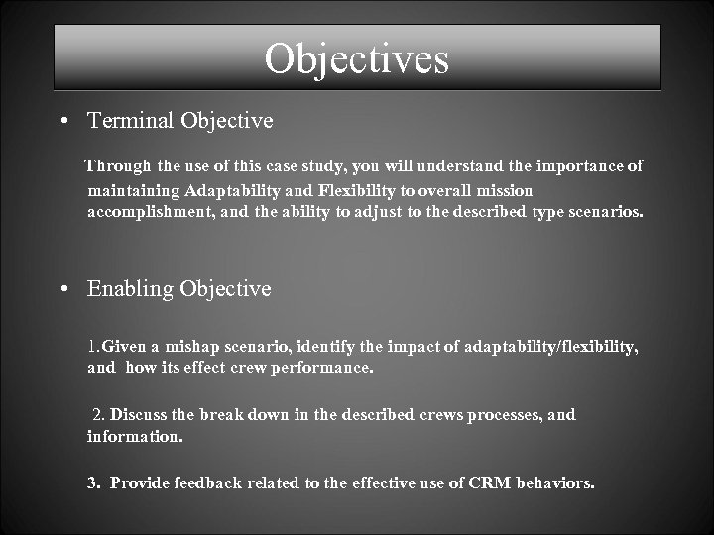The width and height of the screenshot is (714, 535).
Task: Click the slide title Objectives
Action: [x=357, y=58]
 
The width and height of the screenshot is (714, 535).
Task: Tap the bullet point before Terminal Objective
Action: [x=63, y=122]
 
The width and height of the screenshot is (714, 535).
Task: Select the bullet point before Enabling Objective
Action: [x=63, y=290]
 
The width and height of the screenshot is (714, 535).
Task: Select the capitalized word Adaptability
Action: [x=230, y=190]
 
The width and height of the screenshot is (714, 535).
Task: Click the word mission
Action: [x=507, y=190]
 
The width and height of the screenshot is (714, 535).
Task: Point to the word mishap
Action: [x=190, y=346]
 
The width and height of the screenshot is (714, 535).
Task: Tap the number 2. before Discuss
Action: [x=98, y=415]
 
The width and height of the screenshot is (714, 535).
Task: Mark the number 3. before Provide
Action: [x=94, y=483]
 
